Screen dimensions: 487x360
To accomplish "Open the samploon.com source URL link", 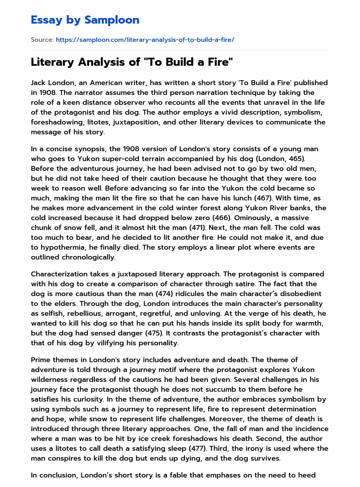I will (145, 40).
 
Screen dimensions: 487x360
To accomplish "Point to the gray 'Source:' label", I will (42, 40).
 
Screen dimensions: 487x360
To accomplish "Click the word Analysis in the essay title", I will (103, 62).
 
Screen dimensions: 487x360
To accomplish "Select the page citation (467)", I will (263, 198).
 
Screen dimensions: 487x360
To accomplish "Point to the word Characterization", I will (59, 274).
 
